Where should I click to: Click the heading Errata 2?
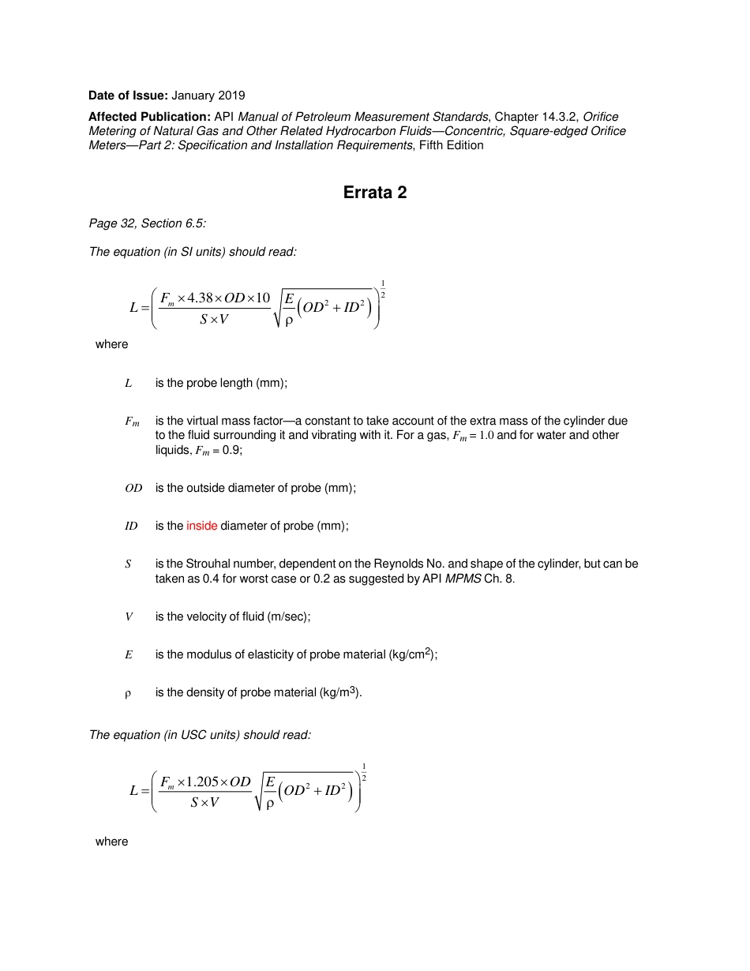point(375,193)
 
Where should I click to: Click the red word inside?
point(201,526)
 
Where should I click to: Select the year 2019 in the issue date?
point(231,96)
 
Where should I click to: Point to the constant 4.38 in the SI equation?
point(201,298)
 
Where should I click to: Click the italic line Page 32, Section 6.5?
point(148,223)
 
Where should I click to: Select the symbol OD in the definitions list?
point(133,488)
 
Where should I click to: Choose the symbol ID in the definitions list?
point(131,526)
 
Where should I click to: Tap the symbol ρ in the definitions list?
point(128,693)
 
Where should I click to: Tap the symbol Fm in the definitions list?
point(132,422)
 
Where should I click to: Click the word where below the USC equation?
point(111,842)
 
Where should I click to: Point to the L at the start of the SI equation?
point(133,308)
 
